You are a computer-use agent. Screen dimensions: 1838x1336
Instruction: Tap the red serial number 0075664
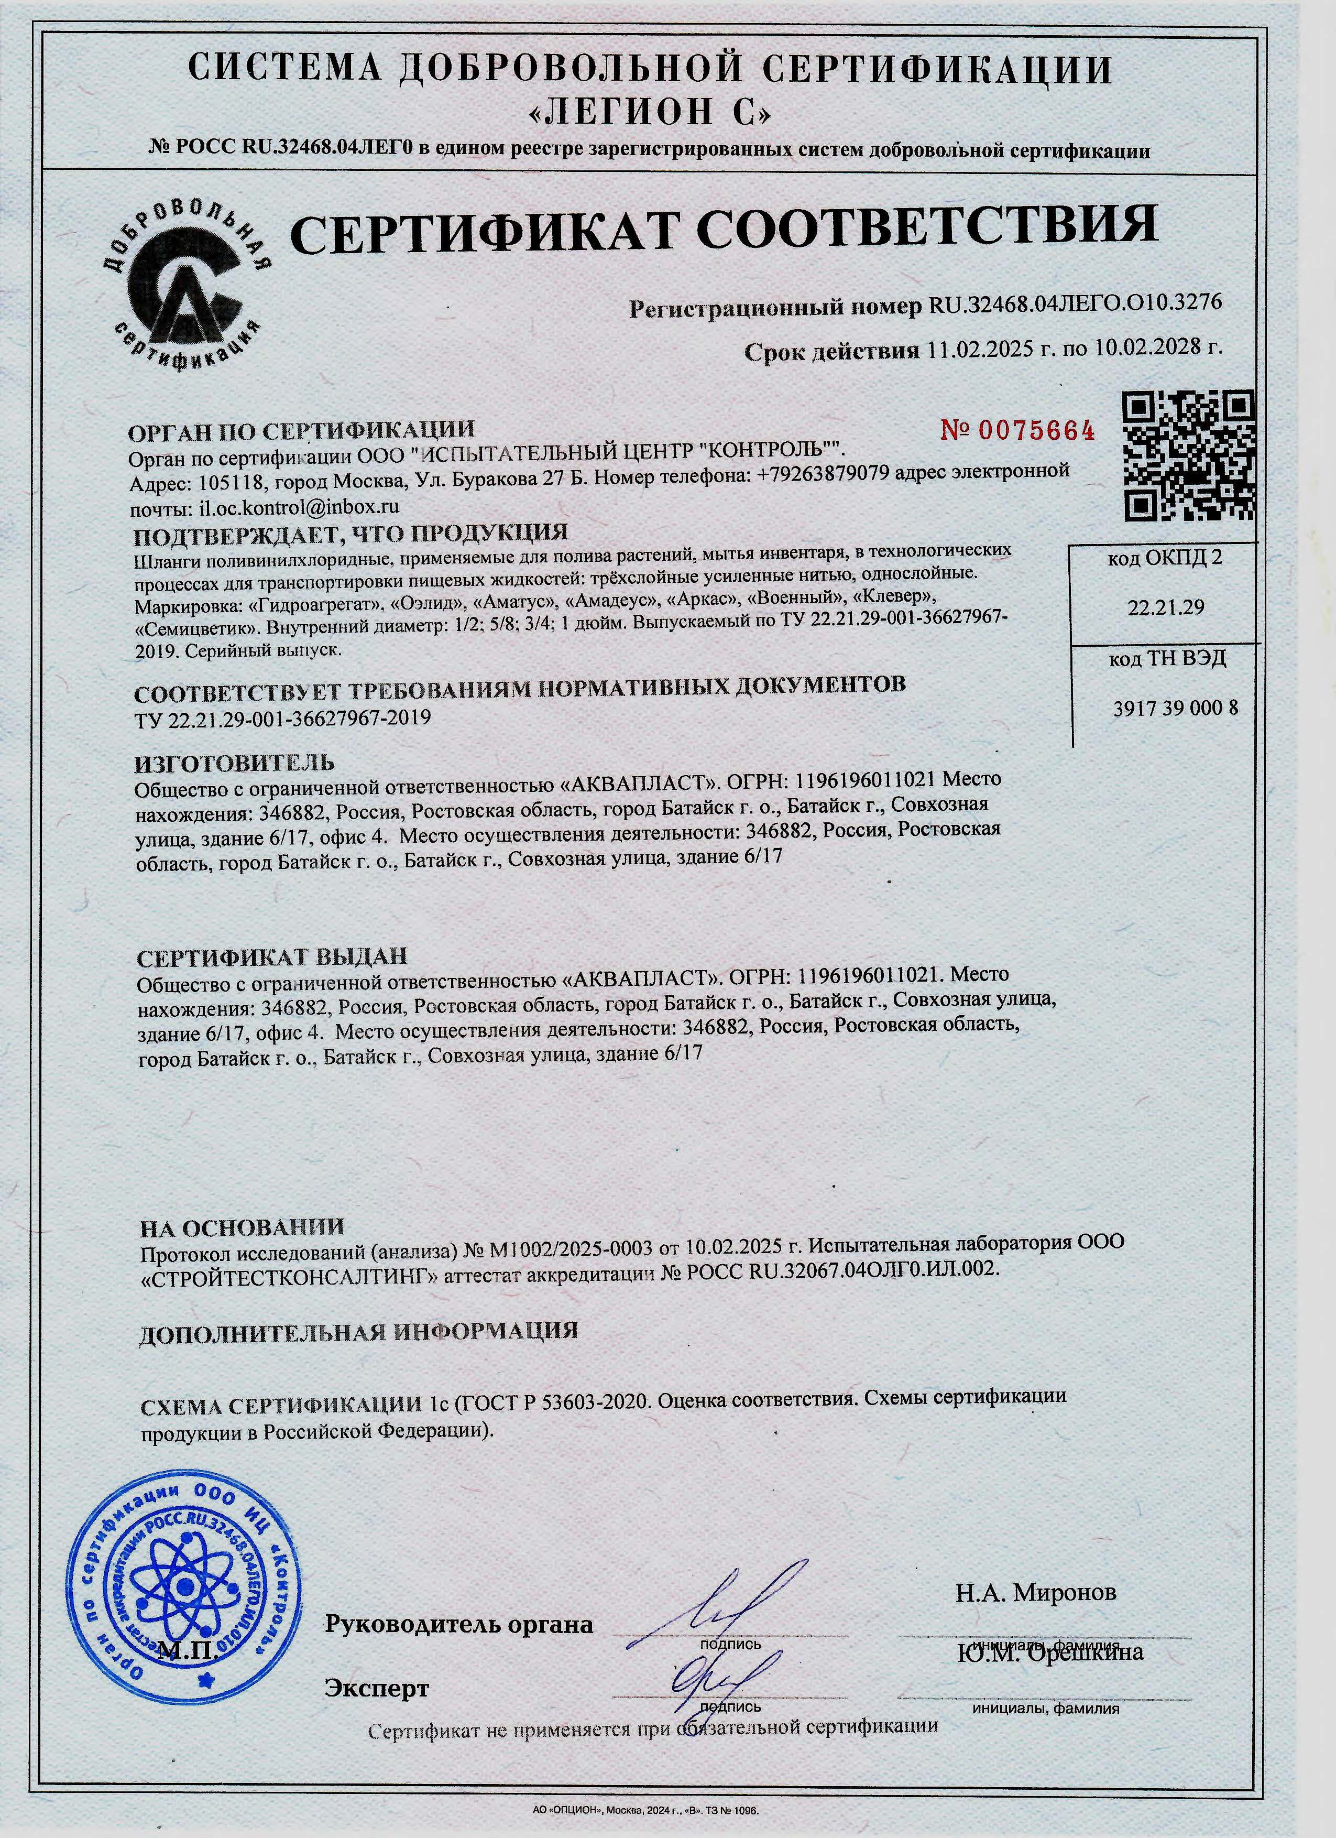click(1017, 430)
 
